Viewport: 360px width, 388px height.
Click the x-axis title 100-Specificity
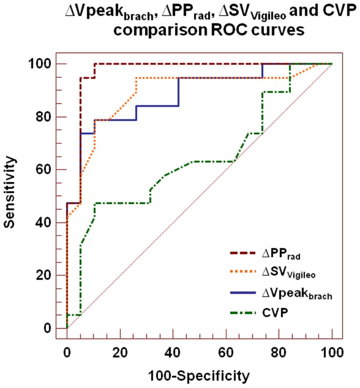199,375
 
